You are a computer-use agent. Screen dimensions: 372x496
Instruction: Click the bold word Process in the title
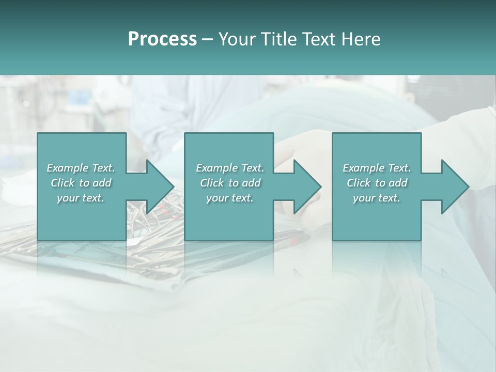(x=162, y=39)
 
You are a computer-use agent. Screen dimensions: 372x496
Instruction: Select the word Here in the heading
(x=360, y=39)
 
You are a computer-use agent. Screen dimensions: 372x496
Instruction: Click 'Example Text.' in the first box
(x=81, y=168)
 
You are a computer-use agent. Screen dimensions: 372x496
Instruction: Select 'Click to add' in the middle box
(x=230, y=183)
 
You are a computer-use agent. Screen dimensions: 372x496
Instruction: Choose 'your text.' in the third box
(x=377, y=198)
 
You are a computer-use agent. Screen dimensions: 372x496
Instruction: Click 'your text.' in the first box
(x=81, y=198)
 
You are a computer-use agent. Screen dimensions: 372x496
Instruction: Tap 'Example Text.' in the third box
(x=377, y=168)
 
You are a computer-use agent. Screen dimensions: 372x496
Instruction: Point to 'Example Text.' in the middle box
(x=230, y=168)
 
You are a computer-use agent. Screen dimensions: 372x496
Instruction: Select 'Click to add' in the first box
(x=81, y=183)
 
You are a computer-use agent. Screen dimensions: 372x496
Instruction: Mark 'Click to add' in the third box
(x=377, y=183)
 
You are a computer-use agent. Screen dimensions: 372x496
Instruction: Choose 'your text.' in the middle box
(x=230, y=198)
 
